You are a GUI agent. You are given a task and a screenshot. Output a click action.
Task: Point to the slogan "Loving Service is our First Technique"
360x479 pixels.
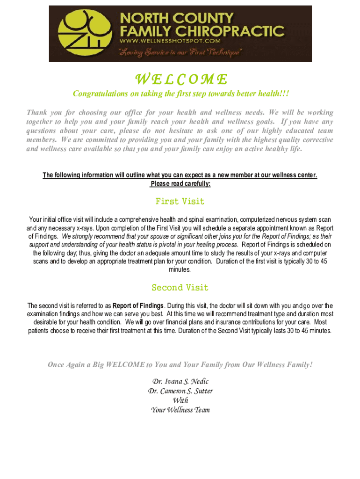(180, 53)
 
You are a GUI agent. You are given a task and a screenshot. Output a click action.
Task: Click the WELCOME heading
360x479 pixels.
(180, 79)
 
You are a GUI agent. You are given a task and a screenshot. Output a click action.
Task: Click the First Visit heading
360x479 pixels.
(180, 202)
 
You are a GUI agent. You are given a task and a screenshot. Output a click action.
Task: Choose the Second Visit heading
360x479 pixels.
(180, 287)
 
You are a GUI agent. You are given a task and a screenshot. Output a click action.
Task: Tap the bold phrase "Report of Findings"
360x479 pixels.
(138, 306)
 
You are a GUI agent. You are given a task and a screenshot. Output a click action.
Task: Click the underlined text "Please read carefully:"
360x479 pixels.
(180, 184)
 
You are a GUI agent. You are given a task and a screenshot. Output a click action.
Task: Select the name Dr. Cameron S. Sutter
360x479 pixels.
(180, 391)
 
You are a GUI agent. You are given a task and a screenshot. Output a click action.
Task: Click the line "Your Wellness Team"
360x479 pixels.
(180, 410)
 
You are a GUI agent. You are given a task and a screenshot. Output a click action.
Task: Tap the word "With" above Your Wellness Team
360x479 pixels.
(180, 400)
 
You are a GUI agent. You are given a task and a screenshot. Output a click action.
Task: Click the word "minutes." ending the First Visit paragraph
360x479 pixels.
(180, 270)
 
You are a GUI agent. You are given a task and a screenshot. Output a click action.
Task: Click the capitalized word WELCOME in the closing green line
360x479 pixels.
(125, 365)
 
